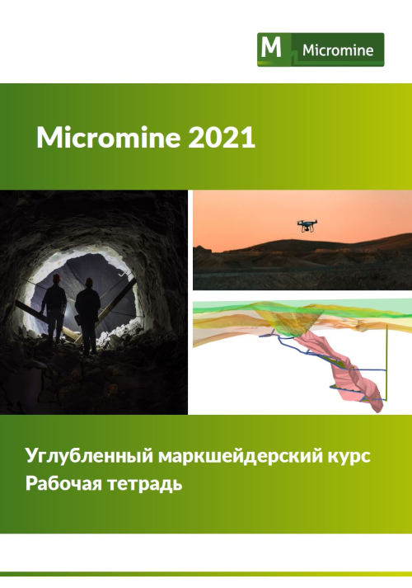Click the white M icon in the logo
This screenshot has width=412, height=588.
click(271, 48)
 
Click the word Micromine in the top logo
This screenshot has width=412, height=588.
click(338, 50)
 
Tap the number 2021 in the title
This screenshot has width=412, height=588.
click(222, 138)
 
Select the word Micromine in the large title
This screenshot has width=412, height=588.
click(108, 138)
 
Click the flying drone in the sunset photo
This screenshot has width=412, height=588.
click(307, 225)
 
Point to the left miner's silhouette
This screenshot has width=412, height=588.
click(54, 311)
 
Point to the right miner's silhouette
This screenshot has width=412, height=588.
click(87, 316)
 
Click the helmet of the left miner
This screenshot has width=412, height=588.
click(56, 277)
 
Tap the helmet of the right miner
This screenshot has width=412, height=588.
click(89, 281)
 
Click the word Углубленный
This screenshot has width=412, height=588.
click(89, 457)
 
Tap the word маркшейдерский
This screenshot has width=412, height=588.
click(239, 457)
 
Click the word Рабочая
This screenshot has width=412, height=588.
click(63, 483)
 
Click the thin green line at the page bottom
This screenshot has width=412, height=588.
click(206, 574)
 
